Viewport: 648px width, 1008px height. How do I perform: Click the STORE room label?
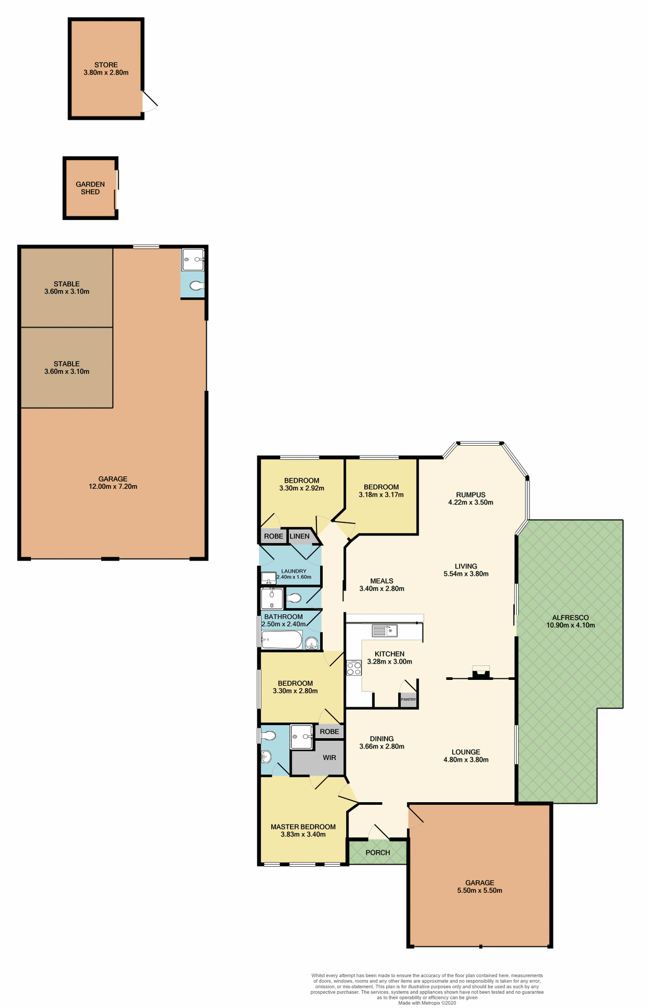(x=106, y=65)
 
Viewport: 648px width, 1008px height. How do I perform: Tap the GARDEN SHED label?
(x=90, y=188)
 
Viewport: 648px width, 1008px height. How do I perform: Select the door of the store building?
(x=149, y=101)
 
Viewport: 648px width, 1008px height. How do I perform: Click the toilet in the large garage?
(x=196, y=286)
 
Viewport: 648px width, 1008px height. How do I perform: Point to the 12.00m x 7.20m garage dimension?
(x=113, y=487)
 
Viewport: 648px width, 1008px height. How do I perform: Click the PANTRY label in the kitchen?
(x=408, y=699)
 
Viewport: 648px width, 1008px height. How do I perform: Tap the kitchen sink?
(x=385, y=630)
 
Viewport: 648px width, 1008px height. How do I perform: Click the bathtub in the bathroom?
(x=282, y=640)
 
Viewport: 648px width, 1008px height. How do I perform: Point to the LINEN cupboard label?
(x=300, y=536)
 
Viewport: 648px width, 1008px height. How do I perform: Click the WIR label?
(x=330, y=758)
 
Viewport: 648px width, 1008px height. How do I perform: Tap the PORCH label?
(x=378, y=853)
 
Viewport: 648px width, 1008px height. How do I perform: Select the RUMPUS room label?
(x=471, y=495)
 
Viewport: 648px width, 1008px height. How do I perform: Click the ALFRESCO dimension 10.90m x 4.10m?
(x=570, y=625)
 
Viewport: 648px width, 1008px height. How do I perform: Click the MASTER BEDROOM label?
(x=303, y=827)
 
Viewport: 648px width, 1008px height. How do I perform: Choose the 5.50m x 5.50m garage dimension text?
(x=480, y=890)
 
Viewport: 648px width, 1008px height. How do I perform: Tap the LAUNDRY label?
(x=294, y=571)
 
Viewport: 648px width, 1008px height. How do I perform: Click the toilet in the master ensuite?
(x=269, y=736)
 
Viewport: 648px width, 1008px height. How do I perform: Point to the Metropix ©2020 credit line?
(x=427, y=1003)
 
